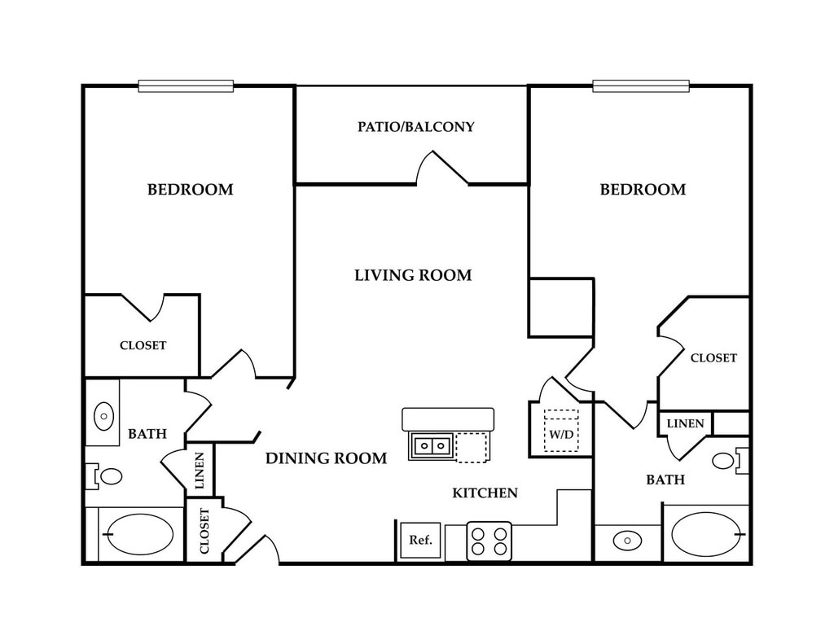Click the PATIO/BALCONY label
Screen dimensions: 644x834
(x=415, y=127)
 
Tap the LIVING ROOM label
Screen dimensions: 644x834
(x=413, y=275)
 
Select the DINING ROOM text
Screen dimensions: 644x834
(x=326, y=458)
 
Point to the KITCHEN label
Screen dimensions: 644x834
(x=485, y=493)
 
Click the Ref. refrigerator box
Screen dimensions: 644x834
(x=419, y=540)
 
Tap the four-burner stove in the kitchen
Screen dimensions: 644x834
(x=489, y=541)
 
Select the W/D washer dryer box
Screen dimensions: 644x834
(x=560, y=432)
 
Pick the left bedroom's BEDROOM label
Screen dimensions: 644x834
(x=190, y=190)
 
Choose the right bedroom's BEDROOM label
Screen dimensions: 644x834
(x=643, y=190)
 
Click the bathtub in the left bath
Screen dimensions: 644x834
(x=139, y=534)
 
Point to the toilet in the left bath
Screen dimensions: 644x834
(x=106, y=475)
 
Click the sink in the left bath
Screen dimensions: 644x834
(x=103, y=416)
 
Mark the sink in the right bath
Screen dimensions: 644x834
(x=626, y=539)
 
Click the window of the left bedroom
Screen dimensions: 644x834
(x=186, y=85)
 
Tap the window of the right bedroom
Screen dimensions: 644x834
(x=641, y=85)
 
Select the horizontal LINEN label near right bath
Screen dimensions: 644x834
(x=686, y=423)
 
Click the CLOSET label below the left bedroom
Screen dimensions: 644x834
(x=143, y=345)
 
